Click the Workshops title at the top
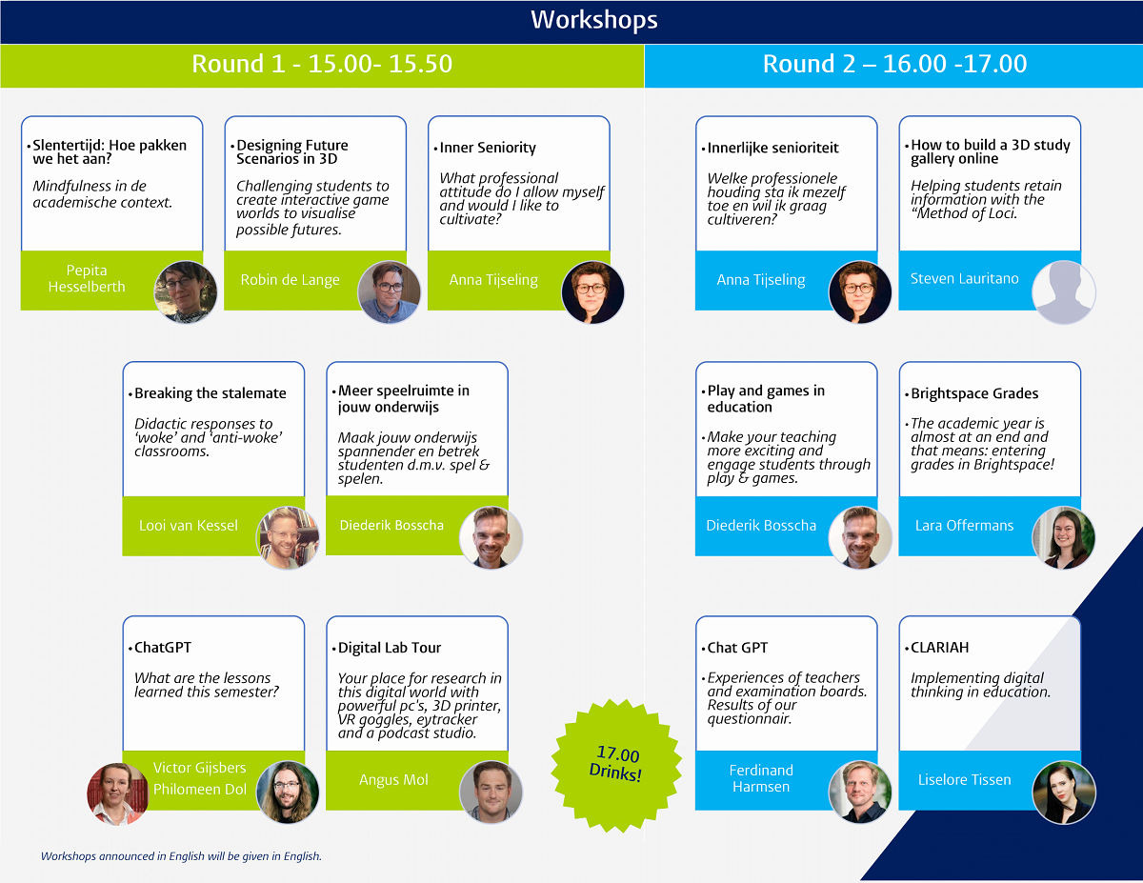click(593, 20)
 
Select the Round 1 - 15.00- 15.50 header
click(322, 64)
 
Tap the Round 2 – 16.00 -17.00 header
click(894, 64)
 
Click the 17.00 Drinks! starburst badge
click(616, 765)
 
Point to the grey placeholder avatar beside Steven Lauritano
click(1064, 291)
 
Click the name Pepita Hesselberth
click(87, 278)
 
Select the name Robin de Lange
click(290, 280)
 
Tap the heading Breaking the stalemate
click(210, 393)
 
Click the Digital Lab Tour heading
click(390, 648)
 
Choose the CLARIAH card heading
click(939, 648)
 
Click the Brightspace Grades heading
click(974, 393)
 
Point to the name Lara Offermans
click(964, 526)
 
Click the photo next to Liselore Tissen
click(1064, 792)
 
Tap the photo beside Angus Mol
click(491, 792)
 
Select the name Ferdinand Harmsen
click(761, 778)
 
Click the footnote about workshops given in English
click(181, 856)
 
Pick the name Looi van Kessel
click(189, 526)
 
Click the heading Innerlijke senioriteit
click(772, 148)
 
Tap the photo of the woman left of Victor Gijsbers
click(117, 793)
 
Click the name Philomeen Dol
click(200, 790)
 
